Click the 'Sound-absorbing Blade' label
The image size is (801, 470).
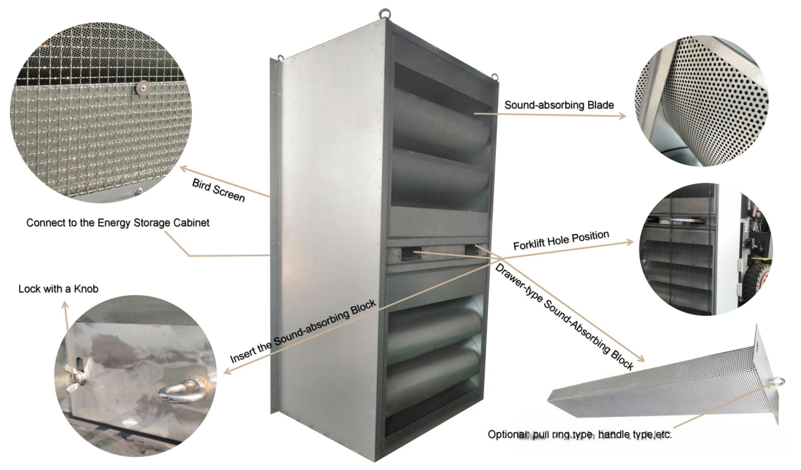point(559,105)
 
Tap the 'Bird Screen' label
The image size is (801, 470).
point(219,190)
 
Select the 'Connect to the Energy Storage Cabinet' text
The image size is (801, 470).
point(118,223)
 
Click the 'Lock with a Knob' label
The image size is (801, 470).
point(58,289)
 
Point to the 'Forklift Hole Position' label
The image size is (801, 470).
point(561,241)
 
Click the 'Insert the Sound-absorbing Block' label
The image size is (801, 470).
point(303,331)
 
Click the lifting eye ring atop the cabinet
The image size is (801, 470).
point(385,13)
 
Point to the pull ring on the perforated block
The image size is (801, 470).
point(779,382)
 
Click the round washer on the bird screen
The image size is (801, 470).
point(143,87)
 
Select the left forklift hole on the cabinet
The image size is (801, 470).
point(409,253)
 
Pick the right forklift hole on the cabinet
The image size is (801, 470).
point(473,249)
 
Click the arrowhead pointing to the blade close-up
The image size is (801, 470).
point(623,116)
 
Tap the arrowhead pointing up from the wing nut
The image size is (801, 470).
point(64,305)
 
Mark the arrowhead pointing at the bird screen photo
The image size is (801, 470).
point(184,168)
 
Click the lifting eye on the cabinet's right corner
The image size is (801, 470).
point(495,76)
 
